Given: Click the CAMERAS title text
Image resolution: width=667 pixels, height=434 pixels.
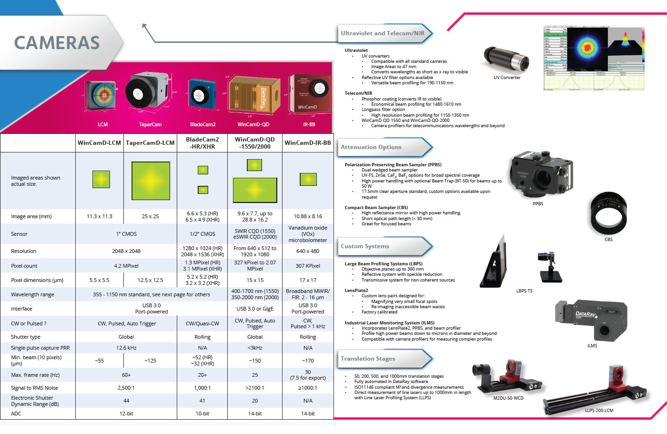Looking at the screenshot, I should pyautogui.click(x=57, y=43).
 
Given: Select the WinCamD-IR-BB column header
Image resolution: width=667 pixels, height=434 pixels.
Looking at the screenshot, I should pyautogui.click(x=308, y=143).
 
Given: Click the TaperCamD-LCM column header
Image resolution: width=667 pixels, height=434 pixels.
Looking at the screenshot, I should pyautogui.click(x=150, y=143).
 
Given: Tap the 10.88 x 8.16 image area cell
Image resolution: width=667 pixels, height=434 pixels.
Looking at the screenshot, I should pyautogui.click(x=308, y=216).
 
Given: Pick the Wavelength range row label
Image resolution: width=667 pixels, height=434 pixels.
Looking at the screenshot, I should pyautogui.click(x=32, y=294).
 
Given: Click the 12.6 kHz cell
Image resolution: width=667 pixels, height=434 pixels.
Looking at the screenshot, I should pyautogui.click(x=126, y=348).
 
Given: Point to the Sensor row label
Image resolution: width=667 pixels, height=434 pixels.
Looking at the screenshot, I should pyautogui.click(x=20, y=234).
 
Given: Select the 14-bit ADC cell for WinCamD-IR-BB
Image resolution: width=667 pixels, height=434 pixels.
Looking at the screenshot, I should pyautogui.click(x=308, y=414).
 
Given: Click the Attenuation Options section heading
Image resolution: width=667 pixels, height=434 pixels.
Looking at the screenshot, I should pyautogui.click(x=371, y=147).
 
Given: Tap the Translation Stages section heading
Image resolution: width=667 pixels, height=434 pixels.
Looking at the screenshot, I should pyautogui.click(x=368, y=359).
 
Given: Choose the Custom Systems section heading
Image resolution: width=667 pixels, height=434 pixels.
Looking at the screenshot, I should pyautogui.click(x=365, y=246).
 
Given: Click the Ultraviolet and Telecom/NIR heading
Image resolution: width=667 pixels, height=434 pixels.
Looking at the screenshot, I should pyautogui.click(x=383, y=33).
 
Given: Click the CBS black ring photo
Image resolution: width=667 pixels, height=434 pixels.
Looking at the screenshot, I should pyautogui.click(x=608, y=214).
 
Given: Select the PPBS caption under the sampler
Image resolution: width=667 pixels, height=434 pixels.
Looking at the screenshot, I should pyautogui.click(x=538, y=204).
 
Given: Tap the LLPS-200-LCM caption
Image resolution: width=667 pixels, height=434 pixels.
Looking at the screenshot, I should pyautogui.click(x=599, y=410).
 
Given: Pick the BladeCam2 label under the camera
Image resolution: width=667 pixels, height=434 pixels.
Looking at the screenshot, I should pyautogui.click(x=202, y=125).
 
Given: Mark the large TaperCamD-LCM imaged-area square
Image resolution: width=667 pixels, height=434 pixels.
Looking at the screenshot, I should pyautogui.click(x=151, y=181).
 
